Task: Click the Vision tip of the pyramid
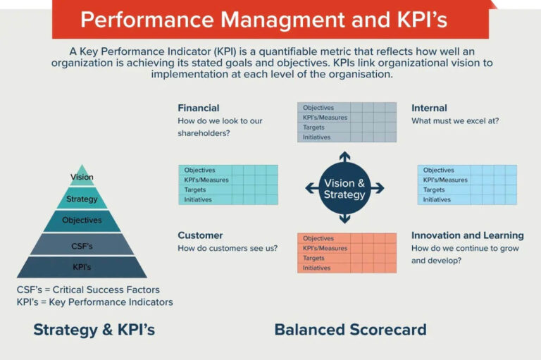click(82, 176)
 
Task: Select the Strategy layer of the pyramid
click(82, 199)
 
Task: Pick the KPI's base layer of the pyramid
click(82, 267)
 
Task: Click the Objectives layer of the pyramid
click(82, 221)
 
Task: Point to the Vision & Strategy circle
click(344, 189)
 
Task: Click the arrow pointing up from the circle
click(344, 157)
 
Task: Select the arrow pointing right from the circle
click(377, 188)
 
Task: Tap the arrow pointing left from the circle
click(312, 188)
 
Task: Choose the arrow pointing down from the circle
click(344, 218)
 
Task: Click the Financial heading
click(199, 108)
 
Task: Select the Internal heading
click(429, 108)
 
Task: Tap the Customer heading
click(200, 235)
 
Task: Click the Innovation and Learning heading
click(468, 235)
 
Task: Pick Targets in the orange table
click(313, 258)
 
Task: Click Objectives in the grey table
click(318, 108)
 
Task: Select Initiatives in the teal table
click(198, 199)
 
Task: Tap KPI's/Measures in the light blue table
click(445, 180)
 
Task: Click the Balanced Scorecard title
click(350, 330)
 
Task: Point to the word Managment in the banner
click(282, 19)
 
